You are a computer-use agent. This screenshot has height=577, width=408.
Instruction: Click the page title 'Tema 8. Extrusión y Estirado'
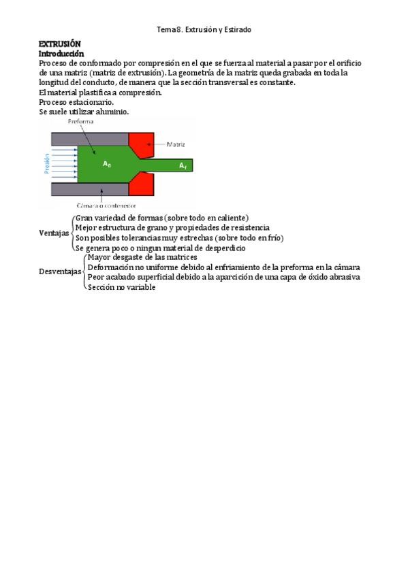(x=204, y=29)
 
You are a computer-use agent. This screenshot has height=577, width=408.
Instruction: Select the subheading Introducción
(x=61, y=53)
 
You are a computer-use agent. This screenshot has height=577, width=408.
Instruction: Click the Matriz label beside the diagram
(x=176, y=144)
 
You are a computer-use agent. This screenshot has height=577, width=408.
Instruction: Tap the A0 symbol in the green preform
(x=106, y=164)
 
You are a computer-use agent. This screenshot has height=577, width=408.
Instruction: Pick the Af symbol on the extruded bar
(x=183, y=165)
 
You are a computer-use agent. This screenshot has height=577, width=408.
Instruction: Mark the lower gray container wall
(x=89, y=188)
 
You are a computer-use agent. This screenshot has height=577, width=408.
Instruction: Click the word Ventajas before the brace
(x=54, y=233)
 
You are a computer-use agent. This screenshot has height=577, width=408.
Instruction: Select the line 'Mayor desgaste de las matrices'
(x=142, y=257)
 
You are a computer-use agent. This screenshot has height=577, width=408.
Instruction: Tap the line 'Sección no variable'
(x=121, y=287)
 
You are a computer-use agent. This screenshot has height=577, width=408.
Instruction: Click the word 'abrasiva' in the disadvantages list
(x=345, y=277)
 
